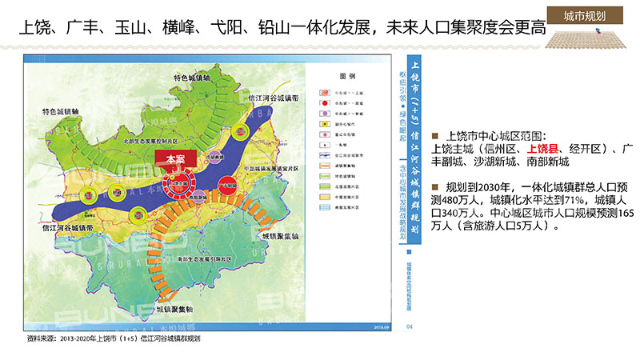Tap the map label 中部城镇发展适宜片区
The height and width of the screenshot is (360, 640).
tap(273, 170)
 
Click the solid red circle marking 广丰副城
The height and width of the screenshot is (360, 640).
tap(227, 183)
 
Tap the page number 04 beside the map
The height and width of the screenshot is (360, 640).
tap(409, 326)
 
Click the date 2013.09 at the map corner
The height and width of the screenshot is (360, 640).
tap(382, 326)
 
